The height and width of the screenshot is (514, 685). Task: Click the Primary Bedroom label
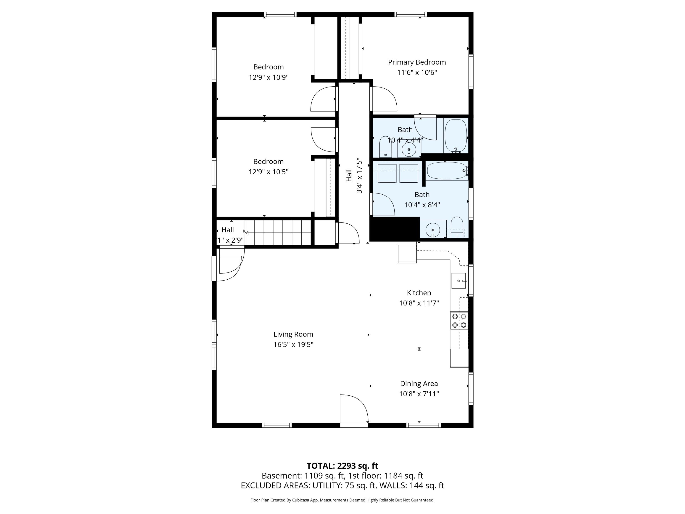tap(417, 62)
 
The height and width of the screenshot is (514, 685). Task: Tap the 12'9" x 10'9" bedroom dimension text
tap(269, 77)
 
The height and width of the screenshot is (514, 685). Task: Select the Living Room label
tap(293, 334)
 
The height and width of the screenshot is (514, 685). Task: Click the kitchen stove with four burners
tap(459, 321)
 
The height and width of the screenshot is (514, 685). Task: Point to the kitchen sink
tap(458, 281)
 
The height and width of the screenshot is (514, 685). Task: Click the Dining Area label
tap(419, 384)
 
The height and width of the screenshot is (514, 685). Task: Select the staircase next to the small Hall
tap(278, 232)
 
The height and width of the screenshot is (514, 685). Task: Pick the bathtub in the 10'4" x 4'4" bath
tap(456, 136)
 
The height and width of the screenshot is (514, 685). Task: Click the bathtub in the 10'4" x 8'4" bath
tap(447, 171)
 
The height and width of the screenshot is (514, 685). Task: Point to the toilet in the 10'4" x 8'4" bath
tap(457, 227)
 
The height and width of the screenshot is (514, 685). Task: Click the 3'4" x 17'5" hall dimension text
tap(359, 176)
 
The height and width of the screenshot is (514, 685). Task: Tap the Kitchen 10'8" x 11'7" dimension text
tap(419, 303)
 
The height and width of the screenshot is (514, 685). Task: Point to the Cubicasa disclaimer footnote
tap(342, 500)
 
